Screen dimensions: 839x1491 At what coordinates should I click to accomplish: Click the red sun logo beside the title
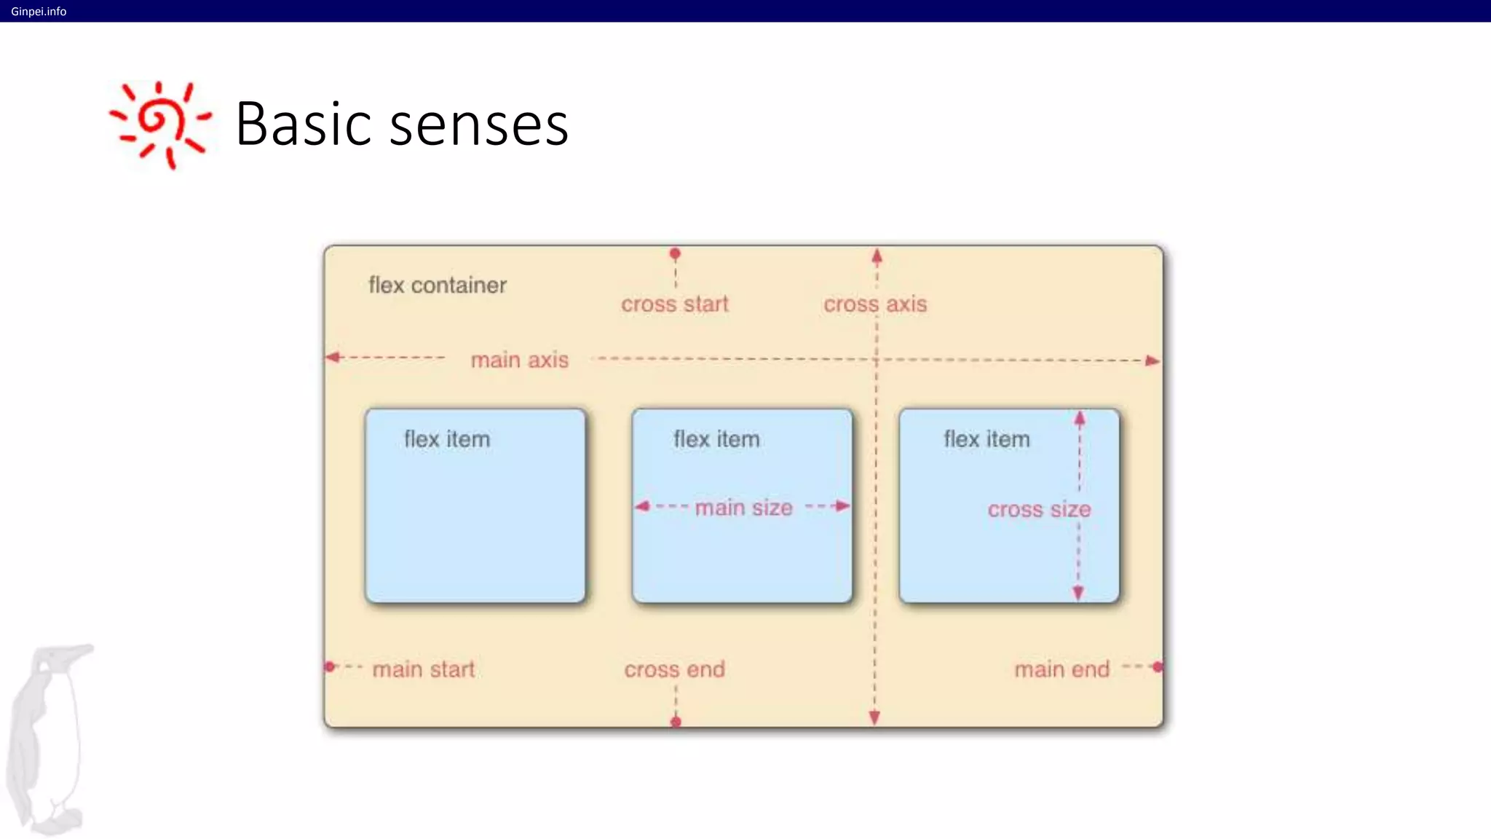tap(159, 125)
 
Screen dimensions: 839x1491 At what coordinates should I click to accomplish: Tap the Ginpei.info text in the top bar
tap(39, 11)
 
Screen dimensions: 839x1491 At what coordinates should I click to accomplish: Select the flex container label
tap(438, 285)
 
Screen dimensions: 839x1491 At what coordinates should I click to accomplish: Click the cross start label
tap(674, 304)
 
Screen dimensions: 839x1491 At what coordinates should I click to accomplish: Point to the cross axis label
tap(875, 304)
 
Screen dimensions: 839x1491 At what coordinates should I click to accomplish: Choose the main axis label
tap(519, 360)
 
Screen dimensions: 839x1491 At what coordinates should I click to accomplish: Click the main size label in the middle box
tap(743, 508)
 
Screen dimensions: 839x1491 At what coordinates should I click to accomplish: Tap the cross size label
tap(1039, 509)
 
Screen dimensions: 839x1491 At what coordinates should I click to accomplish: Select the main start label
tap(423, 669)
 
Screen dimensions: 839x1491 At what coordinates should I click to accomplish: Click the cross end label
tap(674, 669)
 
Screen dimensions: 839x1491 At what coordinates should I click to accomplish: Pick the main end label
tap(1061, 669)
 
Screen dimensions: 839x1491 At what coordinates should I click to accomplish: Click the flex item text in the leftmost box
tap(447, 439)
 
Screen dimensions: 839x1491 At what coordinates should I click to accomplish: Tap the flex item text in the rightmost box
tap(986, 439)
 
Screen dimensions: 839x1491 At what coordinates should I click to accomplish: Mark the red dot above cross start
tap(675, 253)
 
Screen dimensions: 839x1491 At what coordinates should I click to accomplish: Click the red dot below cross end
tap(676, 722)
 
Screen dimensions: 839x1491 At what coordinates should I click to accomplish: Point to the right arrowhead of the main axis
tap(1152, 361)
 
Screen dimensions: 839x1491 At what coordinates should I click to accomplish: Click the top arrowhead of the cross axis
tap(877, 256)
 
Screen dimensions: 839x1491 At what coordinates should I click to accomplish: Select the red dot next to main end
tap(1158, 666)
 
